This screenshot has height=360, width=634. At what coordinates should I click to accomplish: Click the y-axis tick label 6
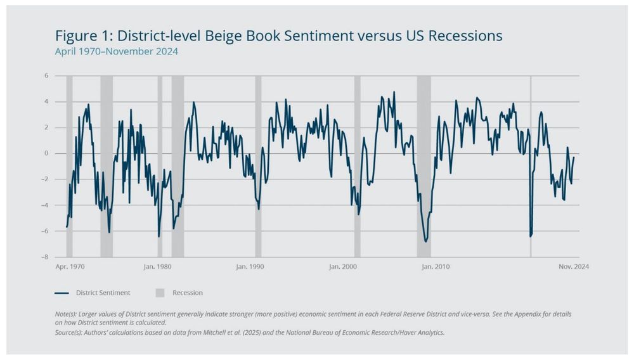click(46, 76)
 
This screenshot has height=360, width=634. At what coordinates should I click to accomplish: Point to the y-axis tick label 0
click(46, 153)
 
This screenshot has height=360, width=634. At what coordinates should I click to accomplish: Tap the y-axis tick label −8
click(45, 257)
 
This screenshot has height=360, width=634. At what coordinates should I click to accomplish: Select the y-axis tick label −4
click(45, 205)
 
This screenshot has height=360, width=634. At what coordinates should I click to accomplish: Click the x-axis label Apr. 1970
click(70, 267)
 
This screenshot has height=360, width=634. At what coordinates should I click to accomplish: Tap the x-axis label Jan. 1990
click(250, 267)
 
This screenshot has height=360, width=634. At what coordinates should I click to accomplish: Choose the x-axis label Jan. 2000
click(342, 267)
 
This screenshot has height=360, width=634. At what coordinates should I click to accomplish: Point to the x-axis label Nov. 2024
click(574, 267)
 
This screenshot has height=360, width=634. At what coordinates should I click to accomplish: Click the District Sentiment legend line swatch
click(61, 293)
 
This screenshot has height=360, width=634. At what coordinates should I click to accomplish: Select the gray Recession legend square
click(160, 293)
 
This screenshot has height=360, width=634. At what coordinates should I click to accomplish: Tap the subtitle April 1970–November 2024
click(117, 52)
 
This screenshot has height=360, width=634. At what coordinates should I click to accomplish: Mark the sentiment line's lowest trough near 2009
click(426, 241)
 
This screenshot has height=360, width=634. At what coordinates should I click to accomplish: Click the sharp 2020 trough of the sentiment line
click(530, 236)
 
